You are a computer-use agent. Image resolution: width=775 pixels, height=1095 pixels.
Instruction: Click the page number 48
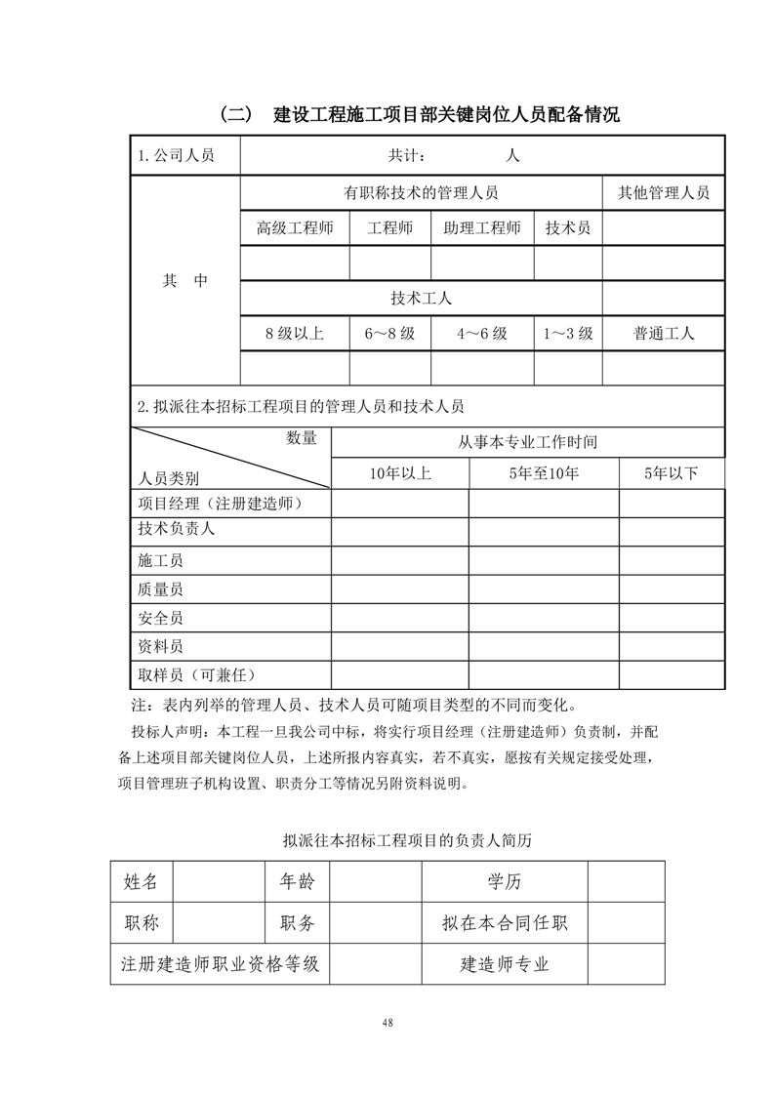click(x=387, y=1022)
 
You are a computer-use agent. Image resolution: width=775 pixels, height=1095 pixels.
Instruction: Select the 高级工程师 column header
click(x=295, y=228)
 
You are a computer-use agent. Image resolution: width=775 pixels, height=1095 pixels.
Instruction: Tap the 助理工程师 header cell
click(x=482, y=228)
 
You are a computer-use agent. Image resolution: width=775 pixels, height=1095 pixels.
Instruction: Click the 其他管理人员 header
click(x=664, y=193)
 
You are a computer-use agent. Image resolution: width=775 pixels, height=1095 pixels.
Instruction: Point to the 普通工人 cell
click(x=664, y=333)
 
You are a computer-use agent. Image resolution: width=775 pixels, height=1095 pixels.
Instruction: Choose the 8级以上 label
click(x=295, y=333)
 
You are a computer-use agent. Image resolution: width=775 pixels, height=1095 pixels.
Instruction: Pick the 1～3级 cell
click(x=568, y=333)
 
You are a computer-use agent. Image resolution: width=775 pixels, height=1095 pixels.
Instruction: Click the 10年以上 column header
click(x=400, y=474)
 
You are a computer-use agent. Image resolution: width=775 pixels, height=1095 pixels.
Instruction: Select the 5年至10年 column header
click(x=544, y=474)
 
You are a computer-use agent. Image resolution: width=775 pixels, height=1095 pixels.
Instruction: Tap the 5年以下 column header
click(x=672, y=474)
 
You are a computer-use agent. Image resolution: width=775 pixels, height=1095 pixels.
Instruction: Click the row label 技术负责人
click(x=177, y=529)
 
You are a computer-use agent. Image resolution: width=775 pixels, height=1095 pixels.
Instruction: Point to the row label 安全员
click(x=161, y=618)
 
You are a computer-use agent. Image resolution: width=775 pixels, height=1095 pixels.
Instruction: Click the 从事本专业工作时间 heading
click(x=528, y=442)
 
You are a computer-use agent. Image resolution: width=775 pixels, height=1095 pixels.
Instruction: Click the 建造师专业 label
click(x=505, y=964)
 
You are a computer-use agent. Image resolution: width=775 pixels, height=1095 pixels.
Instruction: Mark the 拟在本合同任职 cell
click(x=505, y=922)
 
